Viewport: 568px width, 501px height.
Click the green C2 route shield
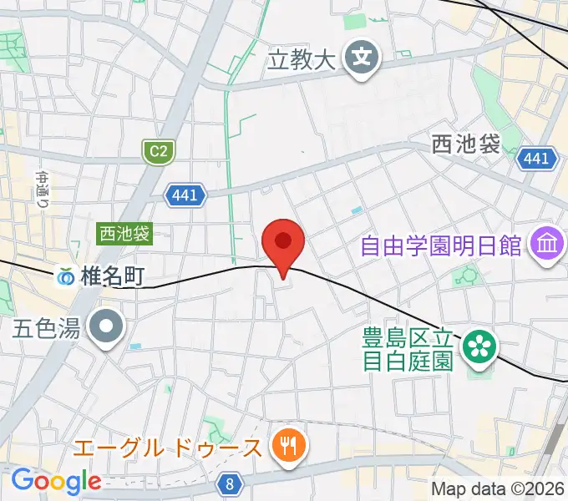pos(156,151)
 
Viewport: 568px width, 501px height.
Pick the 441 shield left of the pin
pos(184,195)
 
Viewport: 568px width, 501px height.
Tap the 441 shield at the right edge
pos(535,158)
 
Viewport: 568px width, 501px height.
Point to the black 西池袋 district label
pos(466,144)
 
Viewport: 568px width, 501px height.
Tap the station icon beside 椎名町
pos(65,276)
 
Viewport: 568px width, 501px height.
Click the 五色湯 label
pos(46,328)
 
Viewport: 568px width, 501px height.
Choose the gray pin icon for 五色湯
pos(107,327)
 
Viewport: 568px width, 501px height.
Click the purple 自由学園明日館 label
pos(440,245)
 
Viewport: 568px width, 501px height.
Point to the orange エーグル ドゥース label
pos(167,448)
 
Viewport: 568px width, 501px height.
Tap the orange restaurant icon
pos(288,447)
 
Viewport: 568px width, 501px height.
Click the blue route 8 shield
pos(229,483)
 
